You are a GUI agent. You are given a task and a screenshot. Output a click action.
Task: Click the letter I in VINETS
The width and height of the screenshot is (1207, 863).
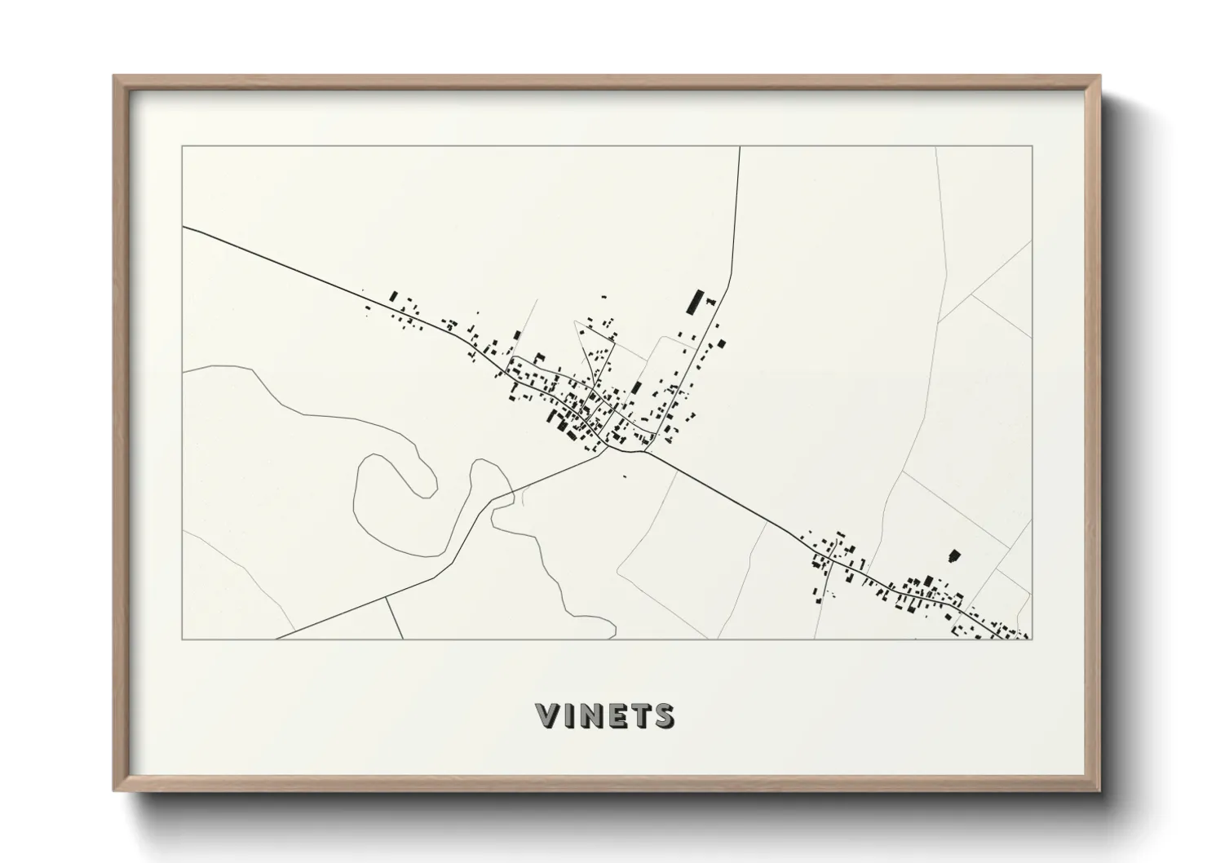click(568, 715)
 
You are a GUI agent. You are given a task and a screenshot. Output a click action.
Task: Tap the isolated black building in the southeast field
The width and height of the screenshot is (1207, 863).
click(953, 555)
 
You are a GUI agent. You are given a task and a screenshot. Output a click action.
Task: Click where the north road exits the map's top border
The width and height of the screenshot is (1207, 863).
click(739, 147)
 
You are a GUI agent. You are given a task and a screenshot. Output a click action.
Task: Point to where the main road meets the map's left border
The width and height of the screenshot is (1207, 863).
click(183, 228)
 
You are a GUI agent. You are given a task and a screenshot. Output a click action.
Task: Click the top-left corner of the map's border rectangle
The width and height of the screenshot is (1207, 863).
click(183, 147)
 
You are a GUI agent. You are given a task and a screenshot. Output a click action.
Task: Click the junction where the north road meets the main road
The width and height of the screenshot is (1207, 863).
click(646, 450)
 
